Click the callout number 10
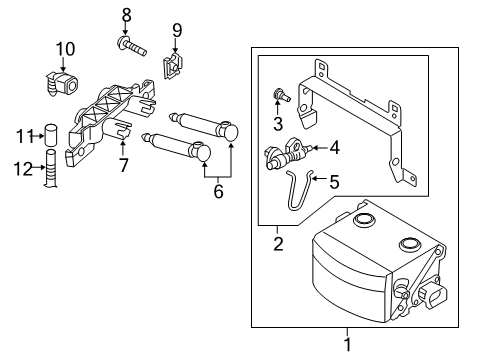(x=65, y=49)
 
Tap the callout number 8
(x=126, y=15)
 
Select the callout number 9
(x=177, y=30)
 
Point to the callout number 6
(x=218, y=191)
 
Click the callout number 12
(x=23, y=169)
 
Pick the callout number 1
(x=347, y=345)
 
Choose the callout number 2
(x=278, y=244)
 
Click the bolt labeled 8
(x=132, y=47)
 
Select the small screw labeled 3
(x=281, y=96)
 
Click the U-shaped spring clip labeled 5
(x=299, y=191)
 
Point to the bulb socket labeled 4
(x=288, y=153)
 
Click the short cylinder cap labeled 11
(x=50, y=134)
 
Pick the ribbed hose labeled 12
(x=51, y=168)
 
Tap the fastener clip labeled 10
(x=62, y=84)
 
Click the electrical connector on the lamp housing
(x=432, y=294)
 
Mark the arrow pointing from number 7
(x=123, y=149)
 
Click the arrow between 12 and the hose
(x=39, y=167)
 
